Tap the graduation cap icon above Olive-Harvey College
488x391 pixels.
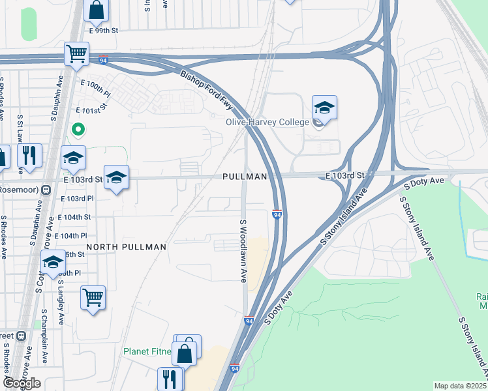(324, 108)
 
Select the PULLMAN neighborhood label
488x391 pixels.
(245, 177)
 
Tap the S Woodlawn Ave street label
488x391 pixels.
(243, 251)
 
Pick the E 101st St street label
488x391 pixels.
(91, 111)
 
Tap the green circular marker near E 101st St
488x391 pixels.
(78, 130)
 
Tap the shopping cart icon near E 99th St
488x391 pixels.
(76, 54)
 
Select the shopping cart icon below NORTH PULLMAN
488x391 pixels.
(93, 298)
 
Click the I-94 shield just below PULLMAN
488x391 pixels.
(277, 214)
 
